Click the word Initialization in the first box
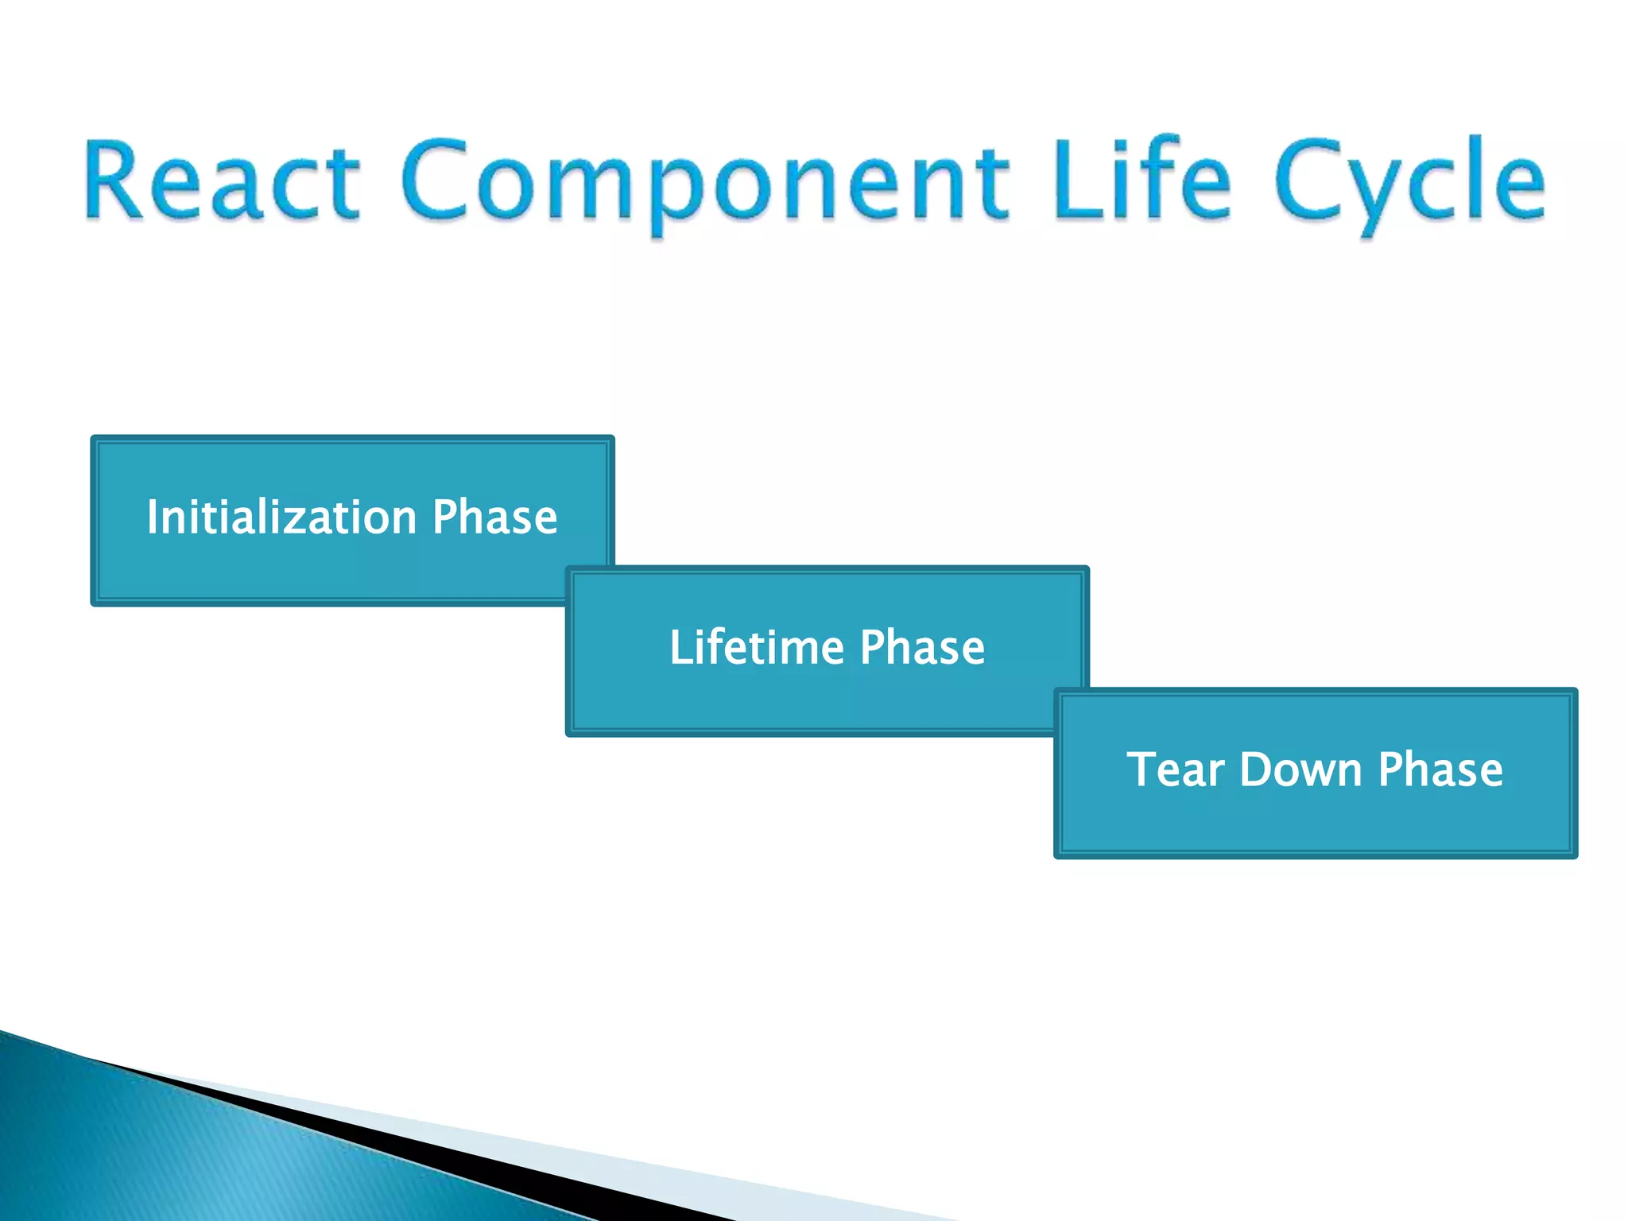click(282, 517)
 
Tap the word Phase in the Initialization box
click(494, 517)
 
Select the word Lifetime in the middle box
click(756, 647)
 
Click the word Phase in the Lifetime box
click(922, 647)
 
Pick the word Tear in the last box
click(1176, 769)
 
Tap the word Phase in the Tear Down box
click(1440, 769)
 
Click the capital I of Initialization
click(153, 517)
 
